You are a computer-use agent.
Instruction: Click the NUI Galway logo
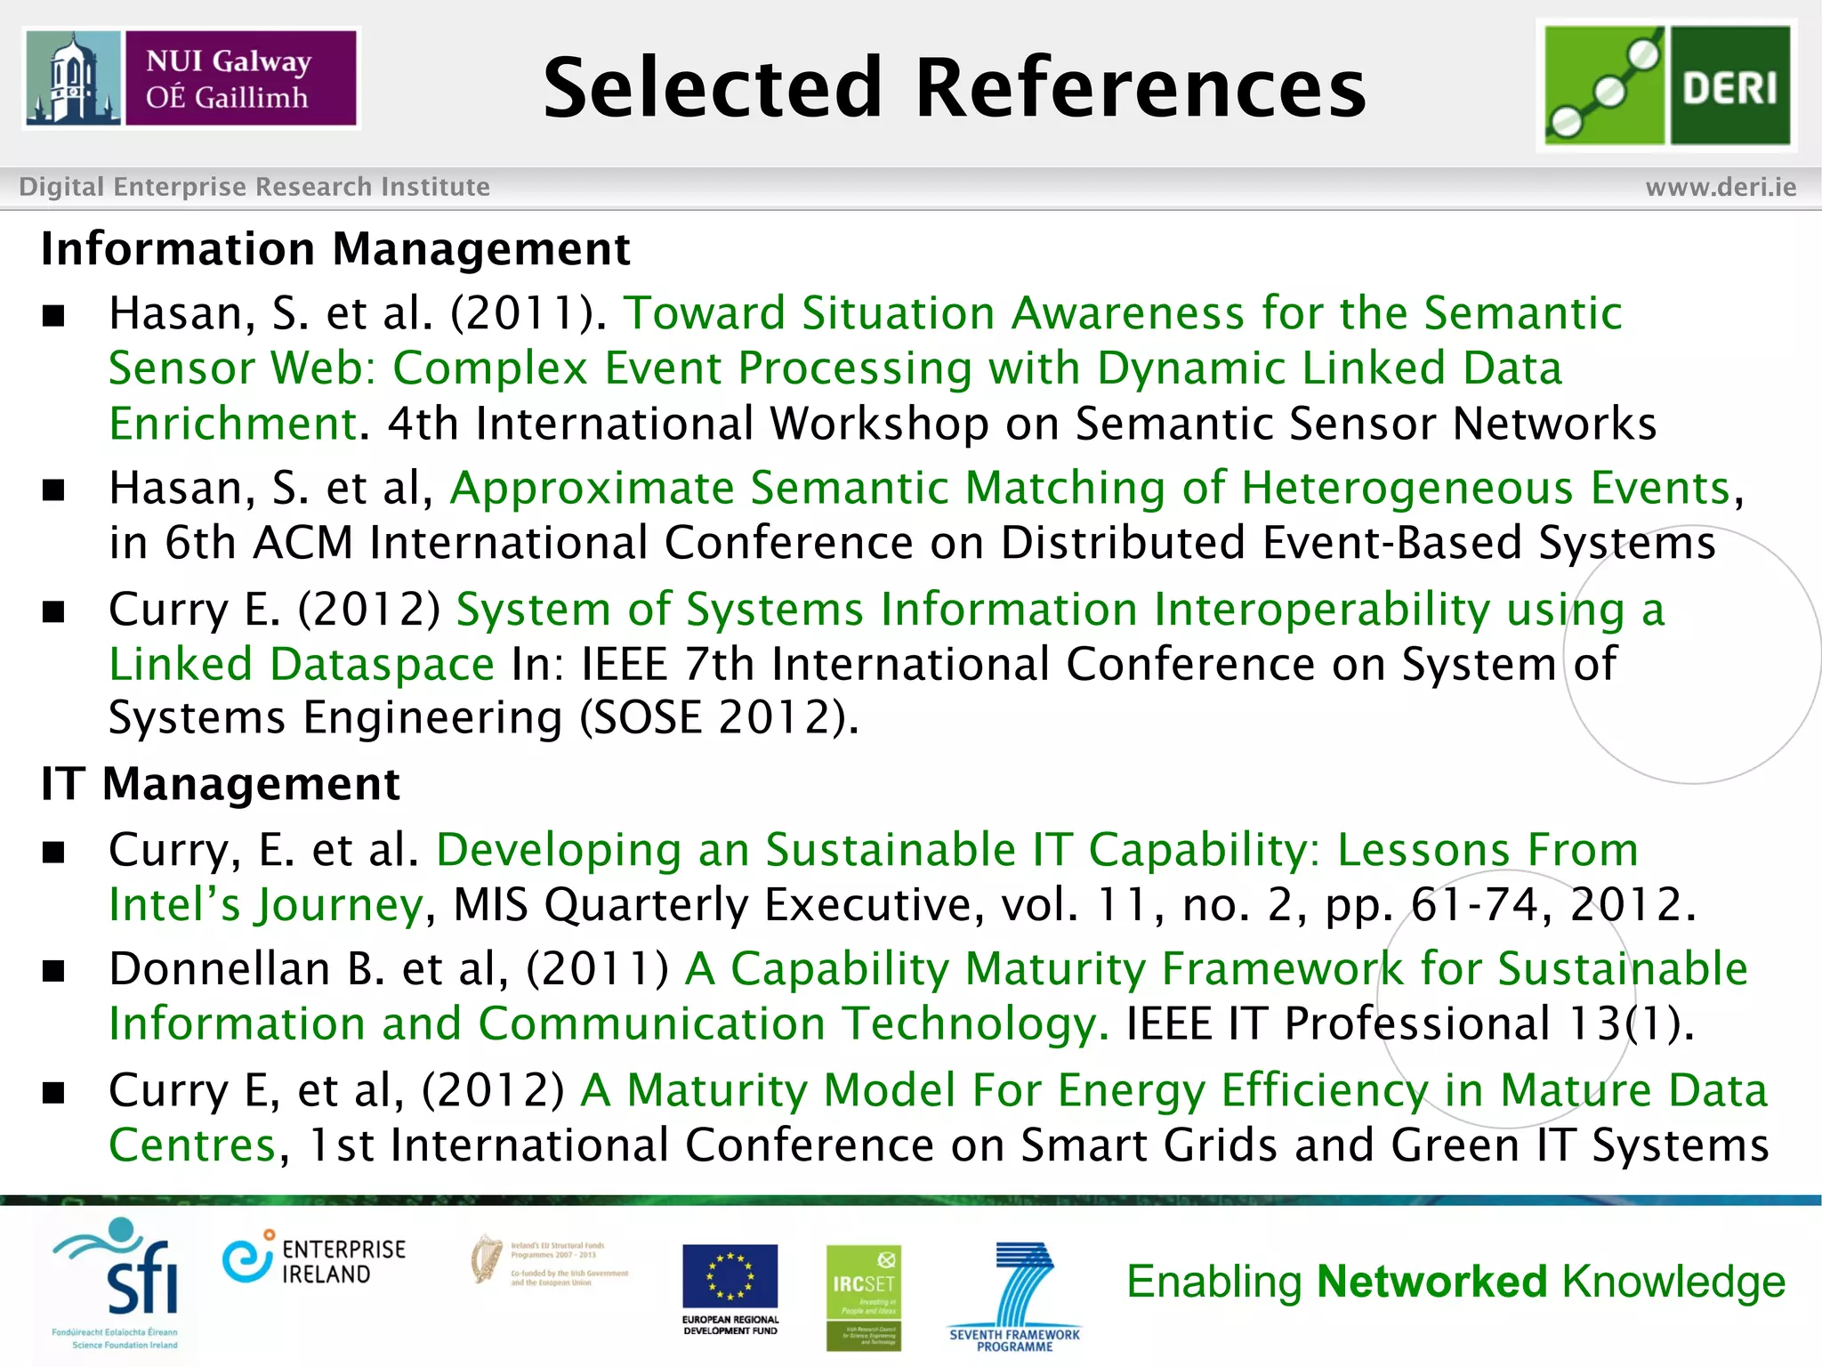click(x=190, y=78)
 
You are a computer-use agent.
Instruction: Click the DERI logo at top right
click(x=1666, y=85)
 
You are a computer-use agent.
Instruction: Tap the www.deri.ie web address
click(x=1721, y=187)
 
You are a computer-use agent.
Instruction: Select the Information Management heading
click(x=335, y=248)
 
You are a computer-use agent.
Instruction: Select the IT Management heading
click(x=220, y=784)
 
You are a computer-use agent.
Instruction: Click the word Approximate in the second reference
click(x=592, y=488)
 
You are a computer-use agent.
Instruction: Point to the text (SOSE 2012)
click(x=719, y=717)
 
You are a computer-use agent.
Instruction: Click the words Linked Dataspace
click(x=301, y=664)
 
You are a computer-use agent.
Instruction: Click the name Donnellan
click(x=219, y=968)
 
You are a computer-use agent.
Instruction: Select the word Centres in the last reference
click(x=192, y=1145)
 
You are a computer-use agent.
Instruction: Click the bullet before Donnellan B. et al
click(x=54, y=971)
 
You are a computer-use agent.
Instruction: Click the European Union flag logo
click(x=730, y=1276)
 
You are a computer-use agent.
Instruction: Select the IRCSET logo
click(x=863, y=1296)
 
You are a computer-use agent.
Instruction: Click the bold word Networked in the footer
click(x=1431, y=1282)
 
